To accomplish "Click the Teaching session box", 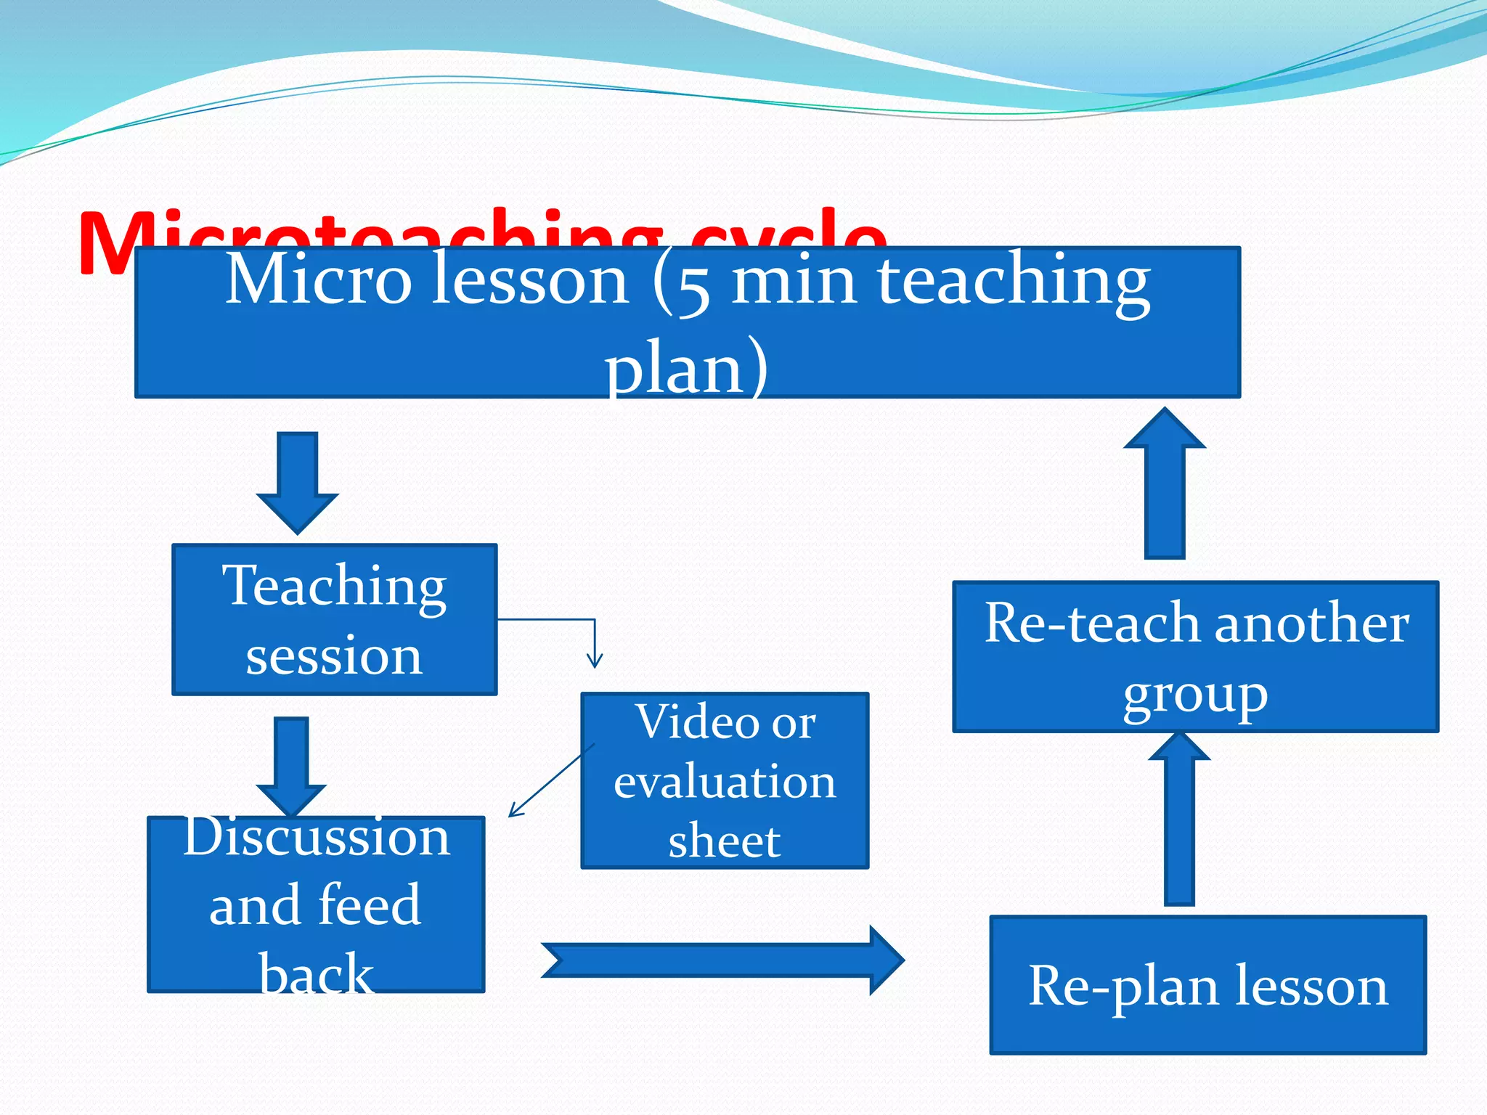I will [334, 619].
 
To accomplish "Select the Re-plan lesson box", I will [1207, 985].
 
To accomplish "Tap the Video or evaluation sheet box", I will [724, 780].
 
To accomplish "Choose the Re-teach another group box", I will [1195, 656].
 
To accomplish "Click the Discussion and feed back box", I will [315, 904].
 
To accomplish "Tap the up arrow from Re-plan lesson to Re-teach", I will [1179, 820].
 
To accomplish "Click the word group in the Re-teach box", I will [1195, 696].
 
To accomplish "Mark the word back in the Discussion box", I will [316, 973].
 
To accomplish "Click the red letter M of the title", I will [109, 243].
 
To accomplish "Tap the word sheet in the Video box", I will [724, 841].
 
